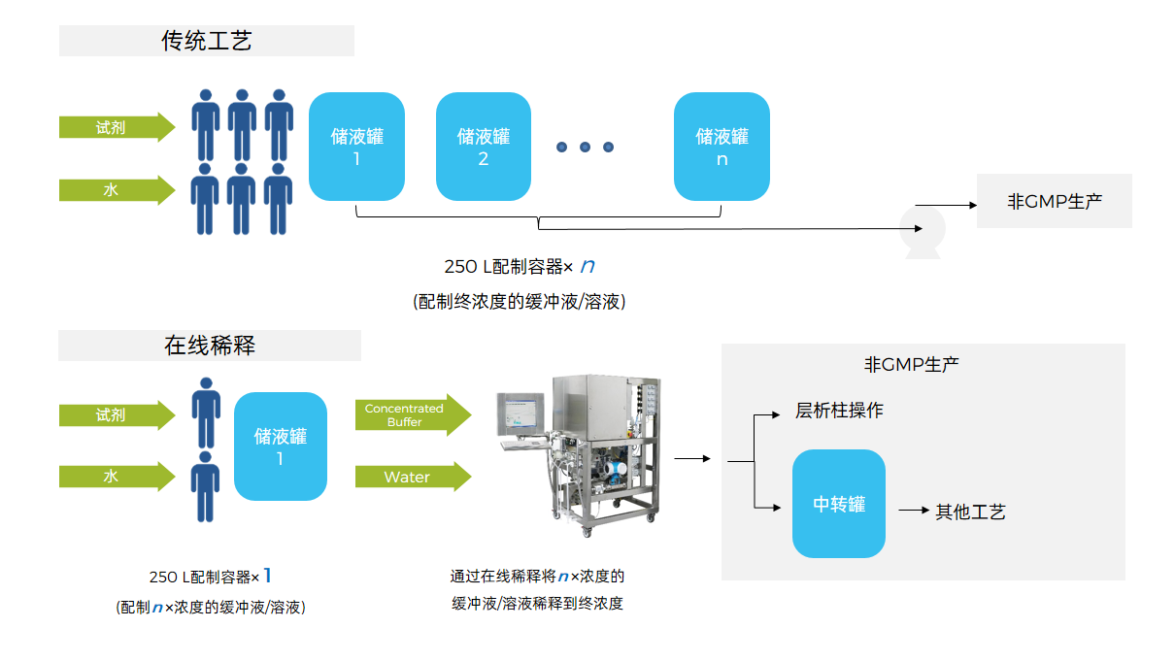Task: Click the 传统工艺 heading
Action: tap(207, 41)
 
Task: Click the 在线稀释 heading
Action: tap(210, 346)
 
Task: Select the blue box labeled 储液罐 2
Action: tap(484, 147)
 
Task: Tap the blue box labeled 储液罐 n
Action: tap(722, 147)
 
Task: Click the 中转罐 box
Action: tap(839, 504)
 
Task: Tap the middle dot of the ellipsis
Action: tap(585, 148)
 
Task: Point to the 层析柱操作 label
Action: tap(839, 411)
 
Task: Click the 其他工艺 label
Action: tap(970, 512)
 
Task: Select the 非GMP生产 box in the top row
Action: tap(1055, 202)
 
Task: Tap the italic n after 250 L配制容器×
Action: tap(587, 265)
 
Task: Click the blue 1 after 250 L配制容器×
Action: tap(268, 576)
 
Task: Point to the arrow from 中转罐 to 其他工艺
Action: tap(913, 510)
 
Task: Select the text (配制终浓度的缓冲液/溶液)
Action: tap(519, 302)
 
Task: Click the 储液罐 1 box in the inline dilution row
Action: tap(280, 446)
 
